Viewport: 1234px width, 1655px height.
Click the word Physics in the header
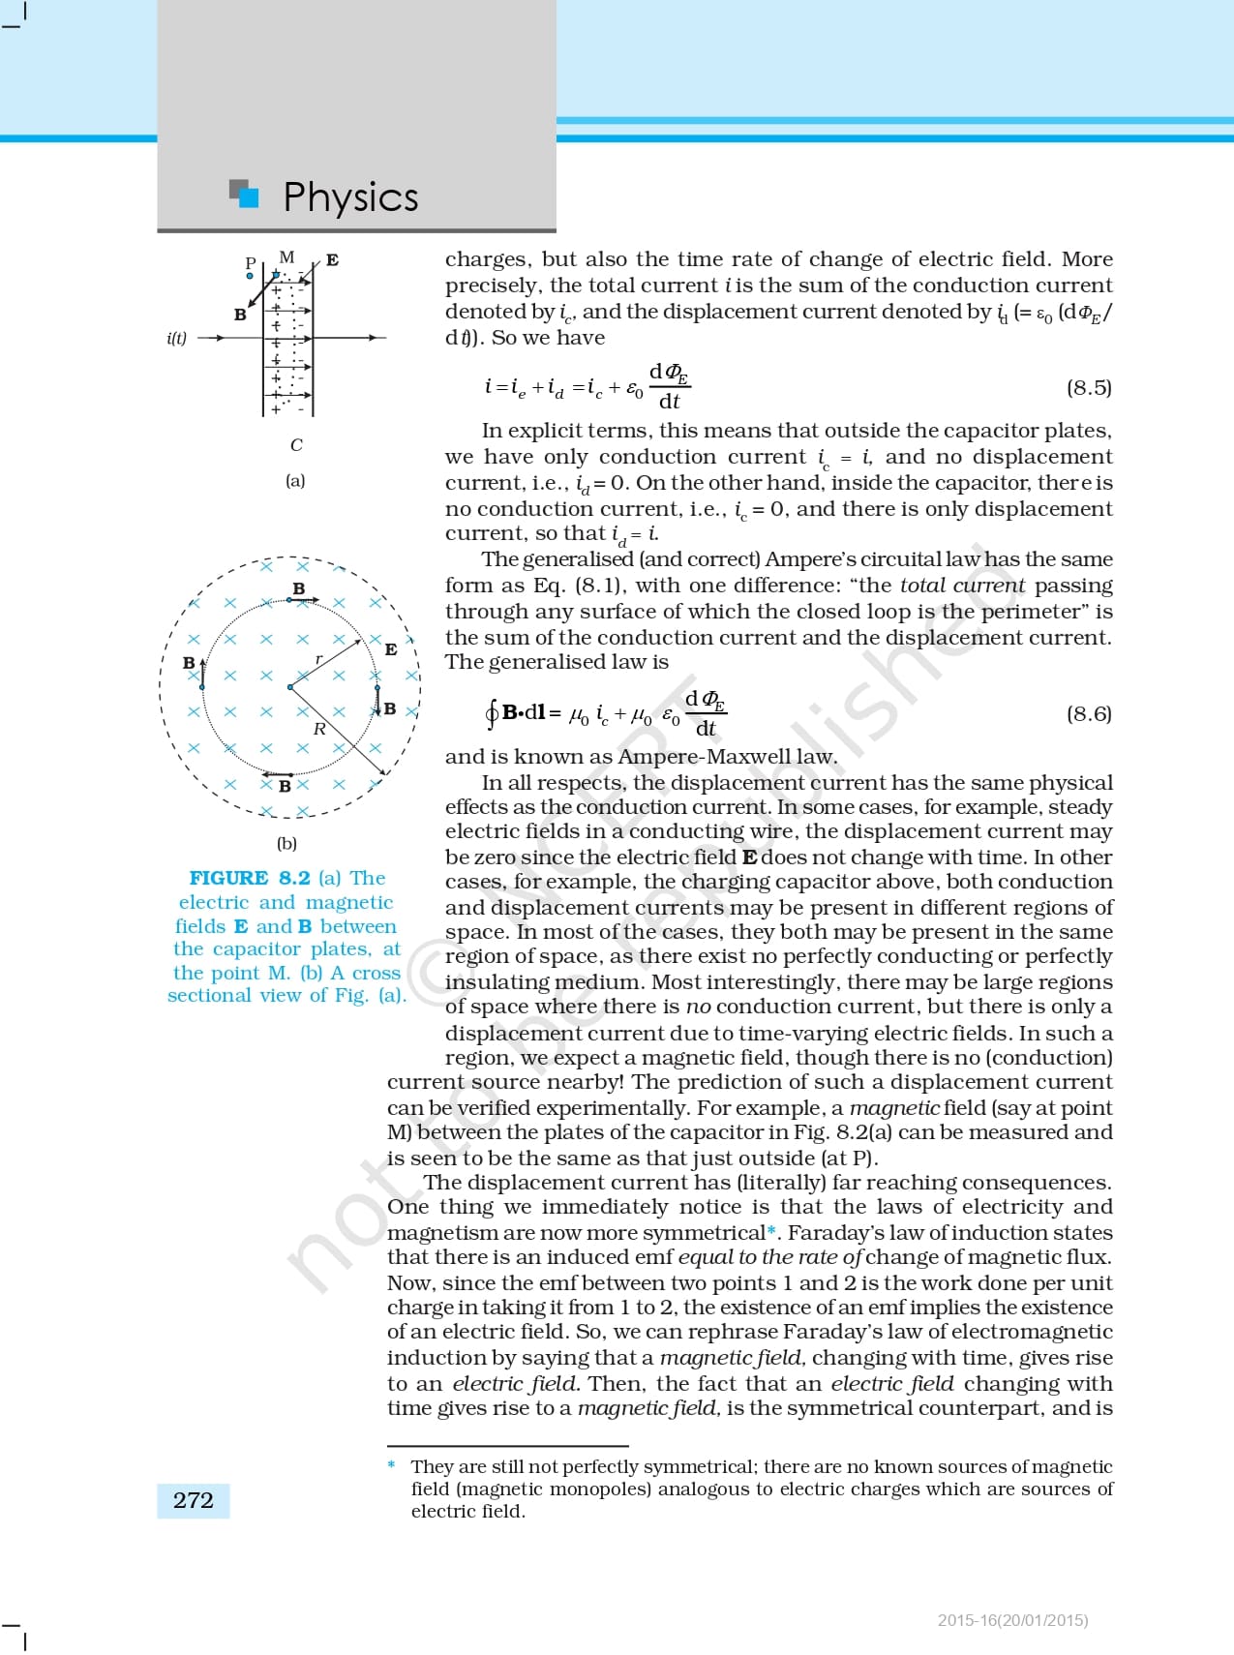tap(350, 197)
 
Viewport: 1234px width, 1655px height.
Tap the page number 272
tap(193, 1500)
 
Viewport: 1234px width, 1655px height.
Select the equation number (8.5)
tap(1089, 388)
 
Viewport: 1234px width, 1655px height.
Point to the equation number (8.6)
tap(1089, 714)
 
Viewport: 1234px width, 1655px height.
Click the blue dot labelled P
tap(250, 276)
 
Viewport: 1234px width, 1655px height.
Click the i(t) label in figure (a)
tap(177, 338)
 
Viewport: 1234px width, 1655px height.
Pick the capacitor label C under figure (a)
tap(296, 445)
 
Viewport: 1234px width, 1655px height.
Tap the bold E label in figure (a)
tap(332, 259)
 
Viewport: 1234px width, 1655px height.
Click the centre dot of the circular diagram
tap(290, 687)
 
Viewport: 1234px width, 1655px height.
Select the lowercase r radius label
tap(319, 659)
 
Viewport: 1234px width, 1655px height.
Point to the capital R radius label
tap(319, 729)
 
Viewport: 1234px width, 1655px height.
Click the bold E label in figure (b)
tap(390, 649)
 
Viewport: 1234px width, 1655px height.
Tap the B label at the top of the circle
tap(299, 588)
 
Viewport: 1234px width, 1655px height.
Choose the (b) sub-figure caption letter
tap(286, 843)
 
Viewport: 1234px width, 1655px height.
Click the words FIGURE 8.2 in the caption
tap(250, 878)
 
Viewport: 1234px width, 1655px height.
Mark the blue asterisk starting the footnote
tap(392, 1465)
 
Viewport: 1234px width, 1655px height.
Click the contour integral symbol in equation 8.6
tap(492, 714)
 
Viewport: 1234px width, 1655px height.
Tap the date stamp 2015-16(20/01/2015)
tap(1012, 1620)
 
